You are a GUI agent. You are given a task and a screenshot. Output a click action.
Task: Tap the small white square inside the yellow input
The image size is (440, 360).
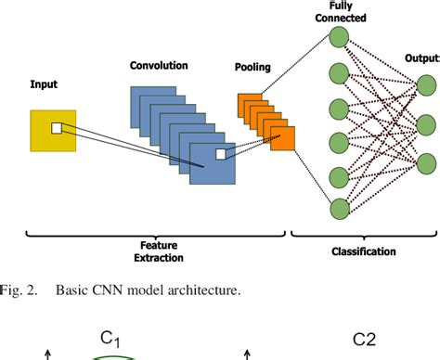point(56,127)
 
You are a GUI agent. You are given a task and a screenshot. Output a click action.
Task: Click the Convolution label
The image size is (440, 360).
point(159,66)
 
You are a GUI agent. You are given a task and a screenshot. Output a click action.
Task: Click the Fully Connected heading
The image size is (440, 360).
point(342,11)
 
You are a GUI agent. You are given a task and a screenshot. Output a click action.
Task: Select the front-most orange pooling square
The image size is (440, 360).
point(282,137)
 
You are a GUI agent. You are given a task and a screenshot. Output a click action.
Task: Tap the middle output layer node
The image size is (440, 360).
point(425,123)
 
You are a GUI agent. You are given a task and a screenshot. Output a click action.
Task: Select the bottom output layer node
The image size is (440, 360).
point(425,164)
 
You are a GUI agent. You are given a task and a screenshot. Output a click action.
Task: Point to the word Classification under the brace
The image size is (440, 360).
point(364,251)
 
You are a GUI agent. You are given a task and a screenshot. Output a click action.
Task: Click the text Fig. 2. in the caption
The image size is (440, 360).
point(18,289)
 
